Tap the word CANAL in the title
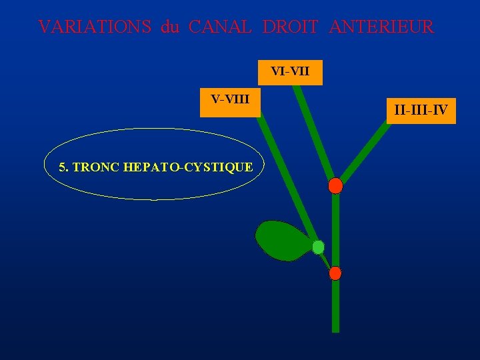coord(220,27)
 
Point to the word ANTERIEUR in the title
coord(381,27)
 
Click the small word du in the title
coord(170,27)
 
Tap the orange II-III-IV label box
coord(421,109)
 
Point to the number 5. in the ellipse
coord(63,167)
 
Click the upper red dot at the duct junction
coord(335,186)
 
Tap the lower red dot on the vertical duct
coord(335,273)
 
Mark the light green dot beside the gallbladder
coord(318,247)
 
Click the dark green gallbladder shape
coord(281,239)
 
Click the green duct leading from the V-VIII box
coord(287,173)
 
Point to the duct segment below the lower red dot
coord(335,307)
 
